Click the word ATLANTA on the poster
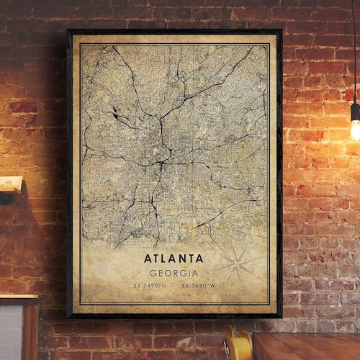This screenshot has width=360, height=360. point(174,258)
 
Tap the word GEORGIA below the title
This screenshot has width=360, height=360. point(174,273)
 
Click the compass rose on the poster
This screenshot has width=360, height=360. point(238,264)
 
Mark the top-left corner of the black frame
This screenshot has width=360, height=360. point(68,30)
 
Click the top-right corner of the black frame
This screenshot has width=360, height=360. point(280,30)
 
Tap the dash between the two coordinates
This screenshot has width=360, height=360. point(174,287)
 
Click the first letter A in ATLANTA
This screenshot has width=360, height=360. point(147,258)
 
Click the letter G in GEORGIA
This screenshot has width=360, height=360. point(153,273)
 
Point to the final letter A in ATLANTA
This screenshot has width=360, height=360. point(199,258)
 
